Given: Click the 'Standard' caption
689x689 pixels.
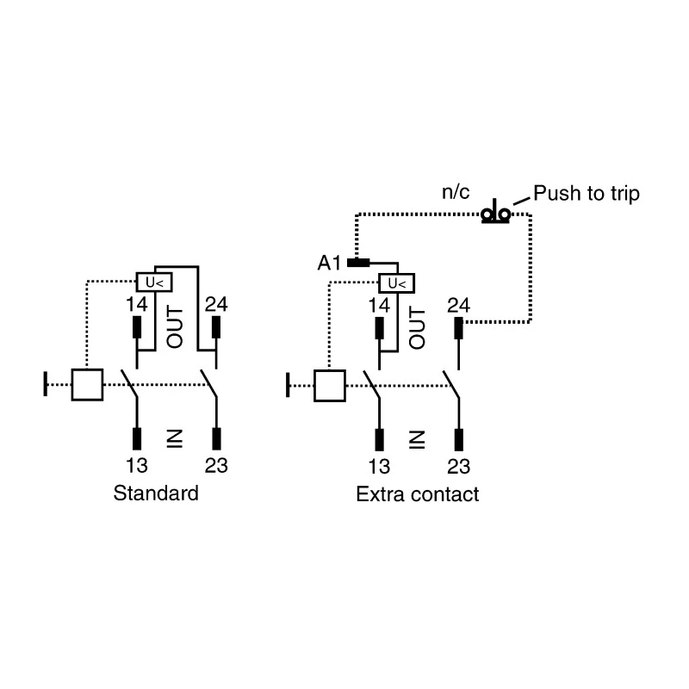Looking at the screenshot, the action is point(156,493).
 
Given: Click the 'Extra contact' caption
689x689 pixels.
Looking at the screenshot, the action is point(418,494).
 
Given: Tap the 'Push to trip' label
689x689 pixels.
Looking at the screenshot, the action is point(587,194).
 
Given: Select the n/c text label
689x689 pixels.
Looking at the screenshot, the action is point(456,192).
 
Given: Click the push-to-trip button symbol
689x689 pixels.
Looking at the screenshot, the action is point(496,212).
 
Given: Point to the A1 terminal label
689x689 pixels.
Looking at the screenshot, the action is point(329,264).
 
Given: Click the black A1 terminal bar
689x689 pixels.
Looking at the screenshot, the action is point(358,263).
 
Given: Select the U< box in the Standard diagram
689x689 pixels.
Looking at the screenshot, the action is point(154,282).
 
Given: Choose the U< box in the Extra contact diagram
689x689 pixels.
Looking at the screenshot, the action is point(397,283).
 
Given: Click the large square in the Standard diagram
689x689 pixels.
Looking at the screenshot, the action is point(87,385).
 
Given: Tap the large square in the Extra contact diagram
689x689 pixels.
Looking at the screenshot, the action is point(330,386).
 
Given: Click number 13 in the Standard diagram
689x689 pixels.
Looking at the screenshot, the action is point(137,466).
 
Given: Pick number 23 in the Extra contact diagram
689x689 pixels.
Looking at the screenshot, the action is point(458,467).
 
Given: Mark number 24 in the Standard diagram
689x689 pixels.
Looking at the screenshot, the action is point(216,305).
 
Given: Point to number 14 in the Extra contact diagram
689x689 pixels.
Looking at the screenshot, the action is point(379,306).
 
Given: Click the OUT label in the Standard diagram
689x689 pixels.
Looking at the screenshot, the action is point(175,327).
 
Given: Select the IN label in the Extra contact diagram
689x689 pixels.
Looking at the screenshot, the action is point(417,440).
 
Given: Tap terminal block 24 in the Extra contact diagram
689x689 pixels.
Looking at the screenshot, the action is point(458,328).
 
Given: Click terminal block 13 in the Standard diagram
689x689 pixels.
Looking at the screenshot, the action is point(137,439).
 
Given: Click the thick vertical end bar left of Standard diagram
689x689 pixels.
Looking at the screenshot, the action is point(46,383).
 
